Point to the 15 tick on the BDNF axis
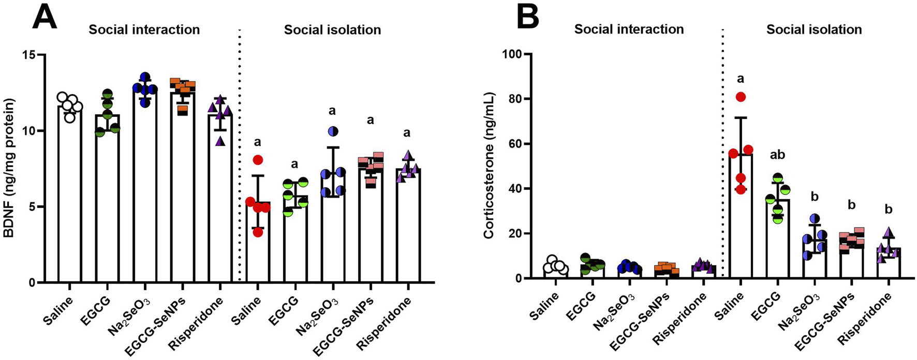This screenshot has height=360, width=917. [34, 55]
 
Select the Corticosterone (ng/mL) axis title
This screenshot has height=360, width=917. [489, 166]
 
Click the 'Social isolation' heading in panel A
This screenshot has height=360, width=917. [332, 30]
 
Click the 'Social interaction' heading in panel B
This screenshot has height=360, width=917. [629, 29]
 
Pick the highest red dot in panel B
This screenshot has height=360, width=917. [741, 97]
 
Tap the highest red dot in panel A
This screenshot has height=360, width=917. [258, 160]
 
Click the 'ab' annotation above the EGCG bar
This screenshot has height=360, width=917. [777, 155]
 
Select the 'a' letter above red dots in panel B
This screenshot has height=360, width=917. [741, 79]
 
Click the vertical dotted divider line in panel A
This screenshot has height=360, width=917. [240, 155]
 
